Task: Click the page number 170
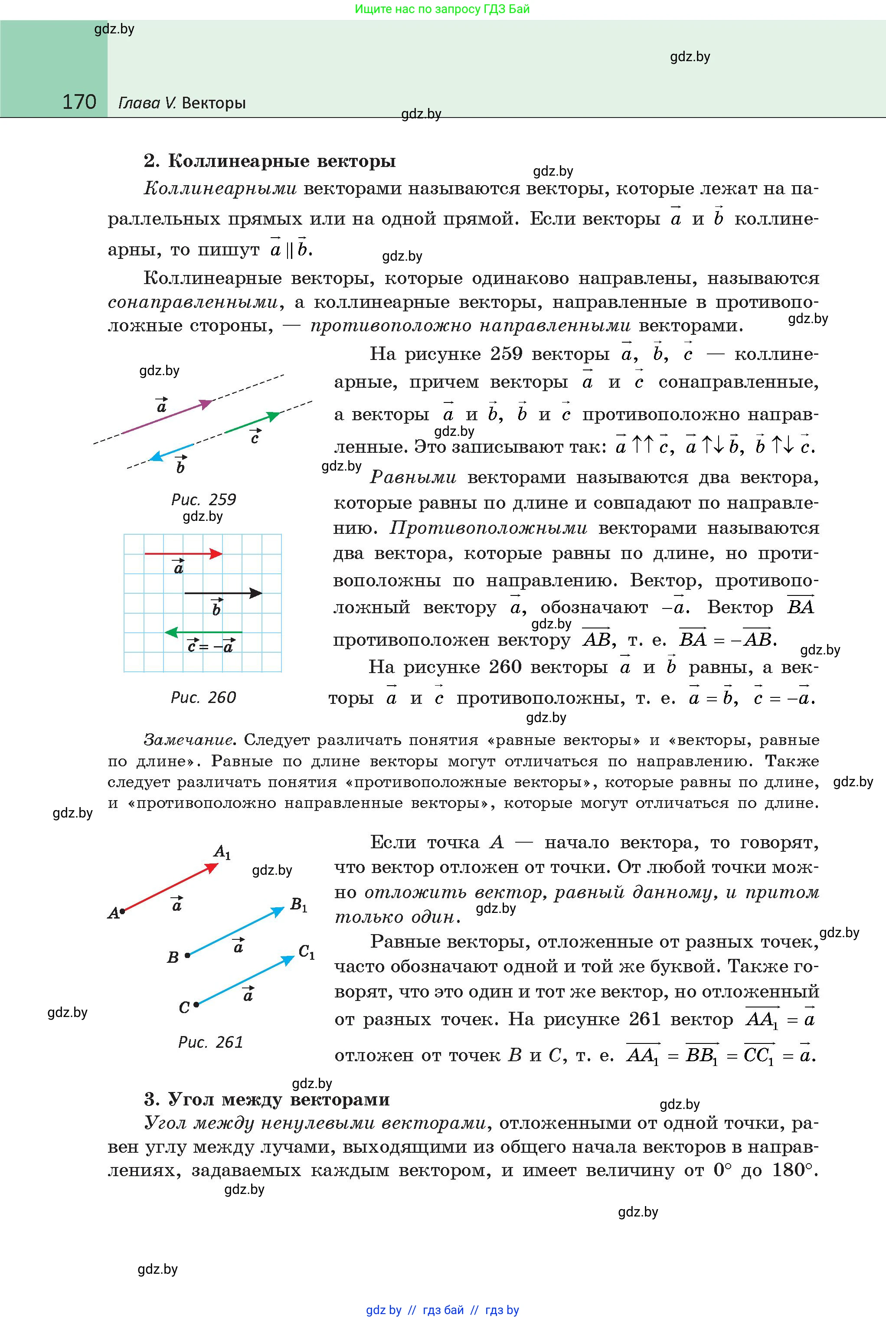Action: point(79,102)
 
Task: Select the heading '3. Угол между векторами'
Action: point(267,1099)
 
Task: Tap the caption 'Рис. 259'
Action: point(203,500)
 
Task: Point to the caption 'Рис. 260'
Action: point(203,697)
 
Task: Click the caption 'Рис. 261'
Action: point(210,1042)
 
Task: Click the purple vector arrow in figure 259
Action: point(167,417)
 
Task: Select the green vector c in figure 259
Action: point(252,424)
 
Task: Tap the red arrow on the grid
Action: point(183,554)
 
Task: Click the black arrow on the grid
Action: point(223,593)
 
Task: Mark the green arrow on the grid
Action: point(203,632)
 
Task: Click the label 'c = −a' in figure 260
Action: point(211,646)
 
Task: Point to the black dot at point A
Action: point(122,911)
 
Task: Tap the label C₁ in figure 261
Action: point(306,952)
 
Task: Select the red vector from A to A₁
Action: point(170,888)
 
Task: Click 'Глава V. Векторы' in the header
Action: point(182,103)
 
